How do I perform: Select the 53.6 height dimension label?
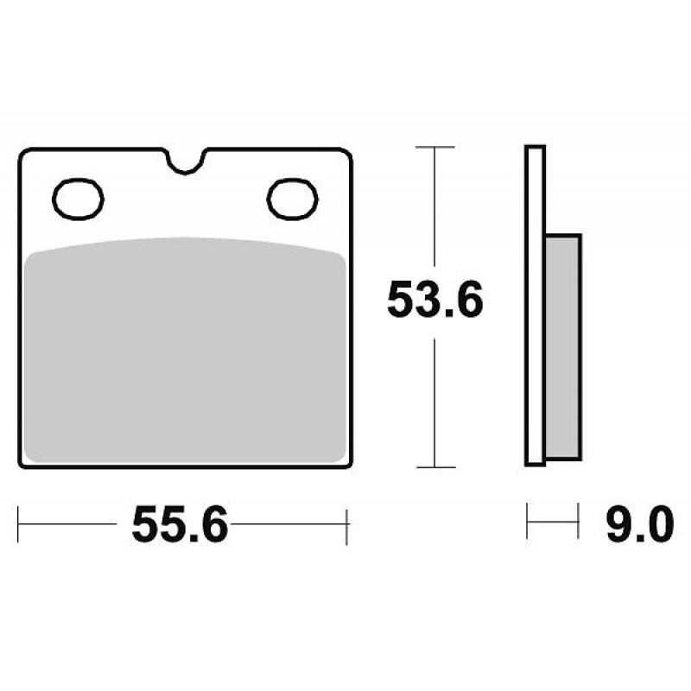tap(435, 299)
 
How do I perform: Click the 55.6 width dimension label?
tap(181, 524)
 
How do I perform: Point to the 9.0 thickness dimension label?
tap(639, 524)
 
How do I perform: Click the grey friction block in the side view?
tap(564, 347)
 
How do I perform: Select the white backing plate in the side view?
tap(535, 306)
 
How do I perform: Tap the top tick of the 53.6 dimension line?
tap(435, 147)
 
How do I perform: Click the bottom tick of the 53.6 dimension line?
tap(435, 466)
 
